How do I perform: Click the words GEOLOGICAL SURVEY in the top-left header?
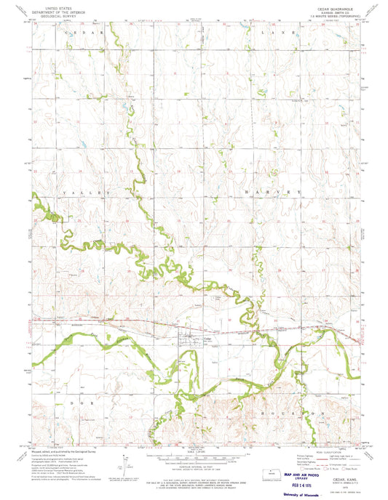coord(59,14)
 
